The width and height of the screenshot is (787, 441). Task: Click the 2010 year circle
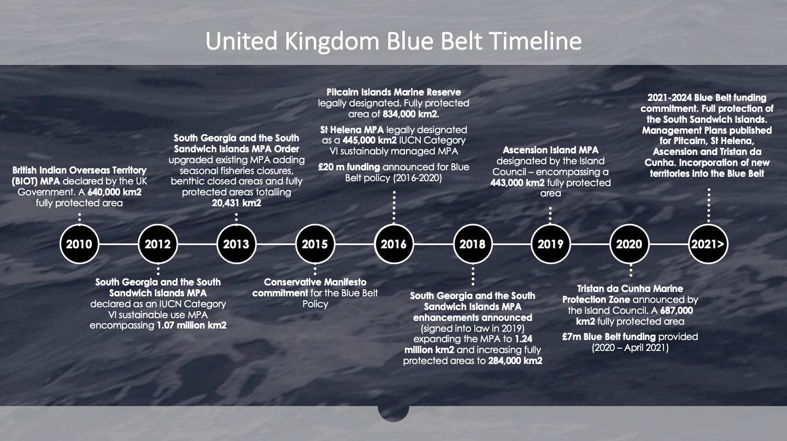tap(79, 244)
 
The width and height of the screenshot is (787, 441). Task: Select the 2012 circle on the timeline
tap(158, 244)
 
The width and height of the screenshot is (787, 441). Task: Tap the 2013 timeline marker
tap(236, 244)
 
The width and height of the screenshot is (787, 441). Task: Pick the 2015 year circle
tap(315, 244)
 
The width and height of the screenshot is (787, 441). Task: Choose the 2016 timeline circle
tap(393, 244)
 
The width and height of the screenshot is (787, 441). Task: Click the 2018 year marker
tap(472, 244)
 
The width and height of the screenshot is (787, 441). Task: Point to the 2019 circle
tap(550, 244)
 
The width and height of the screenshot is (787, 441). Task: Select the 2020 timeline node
tap(629, 244)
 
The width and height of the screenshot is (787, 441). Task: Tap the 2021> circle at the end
tap(708, 244)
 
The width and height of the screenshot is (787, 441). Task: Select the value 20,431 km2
tap(237, 203)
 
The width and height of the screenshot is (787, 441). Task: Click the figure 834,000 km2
tap(416, 114)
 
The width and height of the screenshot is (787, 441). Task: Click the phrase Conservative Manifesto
tap(315, 282)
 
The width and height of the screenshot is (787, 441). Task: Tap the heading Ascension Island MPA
tap(550, 150)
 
